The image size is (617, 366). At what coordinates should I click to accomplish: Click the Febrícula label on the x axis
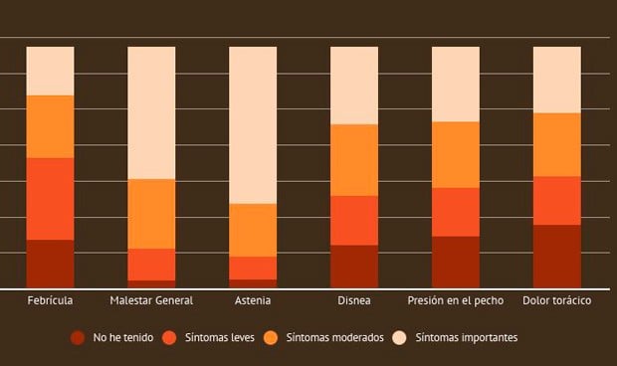pyautogui.click(x=50, y=300)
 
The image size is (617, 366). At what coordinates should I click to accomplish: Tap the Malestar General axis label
pyautogui.click(x=151, y=300)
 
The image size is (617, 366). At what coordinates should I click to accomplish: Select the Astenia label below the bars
pyautogui.click(x=253, y=300)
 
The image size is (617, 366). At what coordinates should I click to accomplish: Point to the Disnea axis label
pyautogui.click(x=354, y=300)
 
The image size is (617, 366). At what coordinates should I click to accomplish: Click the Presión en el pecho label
pyautogui.click(x=456, y=300)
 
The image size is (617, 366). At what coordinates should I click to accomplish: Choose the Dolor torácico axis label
pyautogui.click(x=557, y=300)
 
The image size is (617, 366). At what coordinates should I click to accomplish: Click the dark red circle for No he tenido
pyautogui.click(x=78, y=338)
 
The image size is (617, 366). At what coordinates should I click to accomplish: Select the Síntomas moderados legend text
pyautogui.click(x=334, y=338)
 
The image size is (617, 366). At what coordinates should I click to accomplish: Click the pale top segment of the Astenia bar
pyautogui.click(x=253, y=124)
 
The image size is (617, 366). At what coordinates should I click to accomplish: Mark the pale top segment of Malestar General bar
pyautogui.click(x=151, y=112)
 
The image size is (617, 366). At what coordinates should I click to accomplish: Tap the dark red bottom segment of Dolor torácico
pyautogui.click(x=557, y=257)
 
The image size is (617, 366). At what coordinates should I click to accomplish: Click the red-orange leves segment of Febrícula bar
pyautogui.click(x=50, y=199)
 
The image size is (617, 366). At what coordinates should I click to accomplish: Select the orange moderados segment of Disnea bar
pyautogui.click(x=354, y=160)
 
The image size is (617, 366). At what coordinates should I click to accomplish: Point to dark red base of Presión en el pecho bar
pyautogui.click(x=456, y=263)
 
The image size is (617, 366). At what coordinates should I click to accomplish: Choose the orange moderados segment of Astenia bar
pyautogui.click(x=253, y=230)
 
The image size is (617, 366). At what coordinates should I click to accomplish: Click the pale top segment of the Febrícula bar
pyautogui.click(x=50, y=71)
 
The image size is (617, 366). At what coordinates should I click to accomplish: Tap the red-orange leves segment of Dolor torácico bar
pyautogui.click(x=557, y=201)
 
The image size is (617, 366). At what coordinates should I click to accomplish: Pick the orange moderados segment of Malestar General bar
pyautogui.click(x=151, y=214)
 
